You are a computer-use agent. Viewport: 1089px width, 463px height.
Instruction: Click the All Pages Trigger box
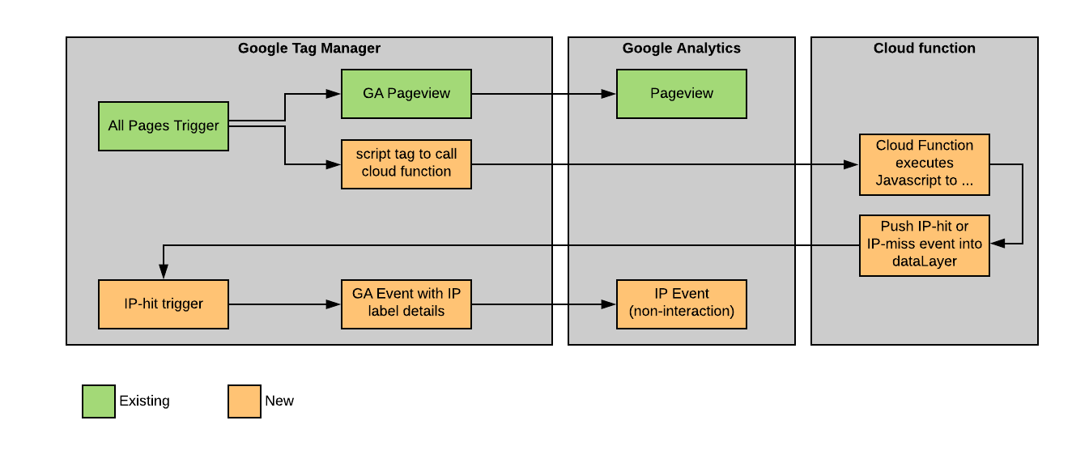[164, 126]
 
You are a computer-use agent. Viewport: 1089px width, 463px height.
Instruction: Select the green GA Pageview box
[406, 94]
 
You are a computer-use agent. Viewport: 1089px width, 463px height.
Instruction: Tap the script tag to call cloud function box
[406, 164]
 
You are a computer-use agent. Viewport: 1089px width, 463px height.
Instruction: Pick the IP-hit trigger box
[164, 304]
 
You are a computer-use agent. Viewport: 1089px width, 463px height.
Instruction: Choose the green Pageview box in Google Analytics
[682, 94]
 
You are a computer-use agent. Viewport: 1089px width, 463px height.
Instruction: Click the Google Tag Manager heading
[309, 49]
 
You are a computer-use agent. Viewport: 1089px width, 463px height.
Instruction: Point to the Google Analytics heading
[682, 49]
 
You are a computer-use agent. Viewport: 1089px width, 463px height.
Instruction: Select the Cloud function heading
[925, 49]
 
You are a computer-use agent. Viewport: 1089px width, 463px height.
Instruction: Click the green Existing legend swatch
[99, 401]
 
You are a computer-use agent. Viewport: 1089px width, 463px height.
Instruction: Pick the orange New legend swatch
[245, 401]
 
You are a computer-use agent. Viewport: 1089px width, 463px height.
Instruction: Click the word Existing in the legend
[145, 401]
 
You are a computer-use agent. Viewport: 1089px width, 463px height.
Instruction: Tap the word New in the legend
[279, 401]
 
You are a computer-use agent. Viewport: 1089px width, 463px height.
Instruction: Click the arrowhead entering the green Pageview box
[610, 94]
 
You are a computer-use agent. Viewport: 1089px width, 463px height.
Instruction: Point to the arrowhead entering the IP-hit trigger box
[164, 273]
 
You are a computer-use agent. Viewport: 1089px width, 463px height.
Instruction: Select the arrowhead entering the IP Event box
[610, 304]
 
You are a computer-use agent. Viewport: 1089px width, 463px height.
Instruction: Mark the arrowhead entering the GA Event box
[334, 304]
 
